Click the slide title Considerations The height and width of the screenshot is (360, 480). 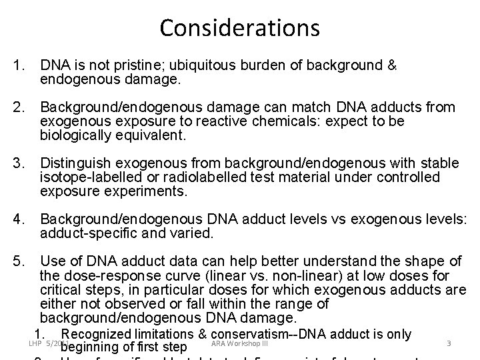click(x=240, y=28)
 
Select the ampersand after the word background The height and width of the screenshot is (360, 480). click(x=393, y=66)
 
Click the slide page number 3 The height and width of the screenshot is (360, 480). click(x=449, y=344)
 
